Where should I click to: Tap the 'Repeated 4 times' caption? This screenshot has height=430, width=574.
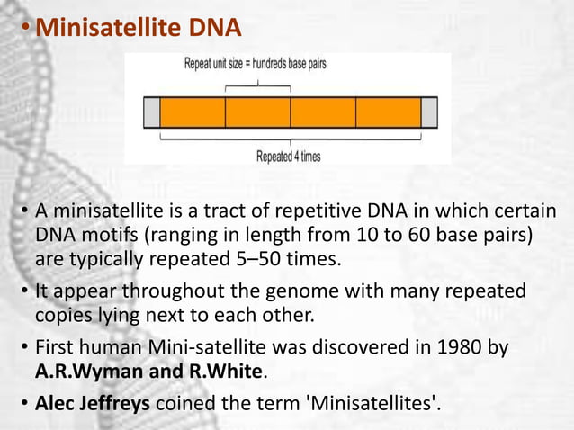tap(288, 156)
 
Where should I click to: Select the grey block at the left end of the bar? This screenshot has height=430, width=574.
tap(151, 112)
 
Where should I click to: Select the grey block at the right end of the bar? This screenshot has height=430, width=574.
tap(429, 112)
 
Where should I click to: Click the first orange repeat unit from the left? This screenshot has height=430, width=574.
tap(193, 112)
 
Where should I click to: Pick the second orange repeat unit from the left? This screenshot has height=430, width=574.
tap(257, 112)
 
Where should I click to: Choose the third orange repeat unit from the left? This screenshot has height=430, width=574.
tap(323, 112)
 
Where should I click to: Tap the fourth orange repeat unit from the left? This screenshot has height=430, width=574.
tap(389, 112)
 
